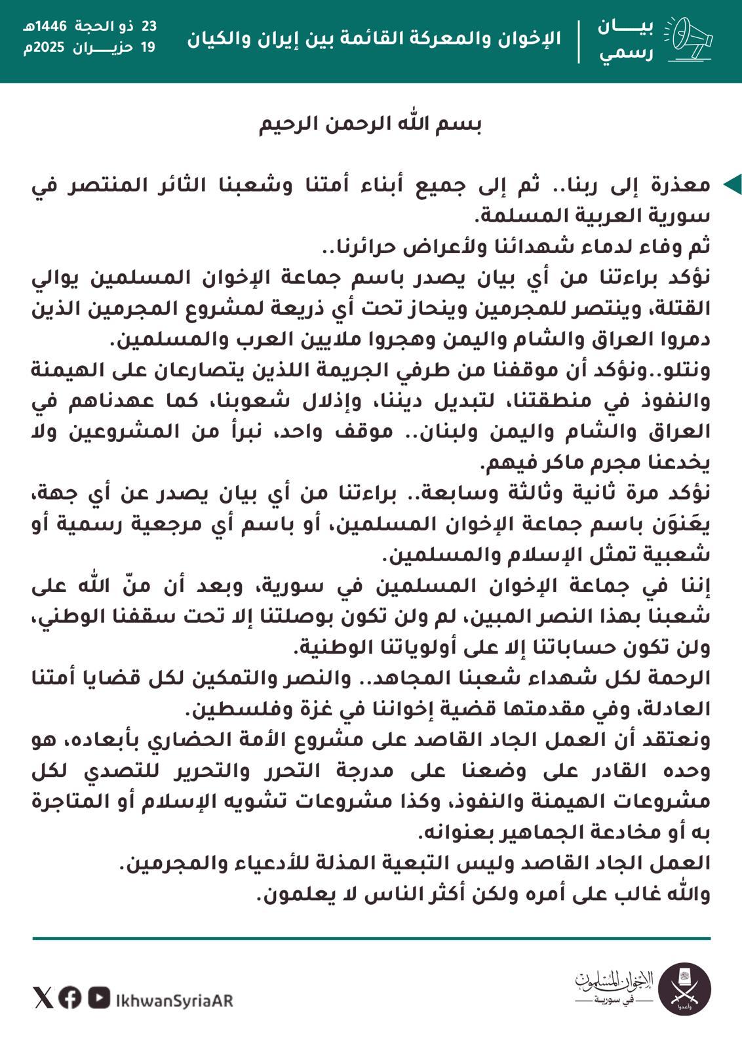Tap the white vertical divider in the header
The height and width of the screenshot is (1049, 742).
coord(579,41)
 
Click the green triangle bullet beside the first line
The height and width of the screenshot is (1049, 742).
coord(732,185)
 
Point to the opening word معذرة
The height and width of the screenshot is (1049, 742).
coord(684,185)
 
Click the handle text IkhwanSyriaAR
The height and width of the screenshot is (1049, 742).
coord(174,1000)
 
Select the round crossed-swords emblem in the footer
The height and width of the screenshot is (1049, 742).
coord(684,989)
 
